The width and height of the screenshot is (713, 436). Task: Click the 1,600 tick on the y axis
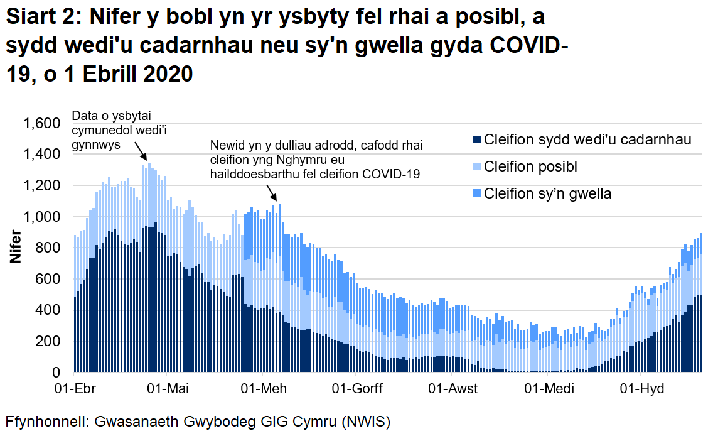[x=42, y=123]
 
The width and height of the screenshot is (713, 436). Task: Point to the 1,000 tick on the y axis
[x=42, y=217]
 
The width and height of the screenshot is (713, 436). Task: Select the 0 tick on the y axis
[x=61, y=373]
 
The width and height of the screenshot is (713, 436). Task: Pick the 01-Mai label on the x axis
[x=166, y=389]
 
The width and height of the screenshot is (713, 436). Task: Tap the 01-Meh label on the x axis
[x=264, y=389]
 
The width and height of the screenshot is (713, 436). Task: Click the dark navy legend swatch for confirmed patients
[x=476, y=139]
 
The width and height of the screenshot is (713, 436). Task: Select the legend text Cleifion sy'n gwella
[x=547, y=193]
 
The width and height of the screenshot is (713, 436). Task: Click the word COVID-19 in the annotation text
[x=389, y=173]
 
